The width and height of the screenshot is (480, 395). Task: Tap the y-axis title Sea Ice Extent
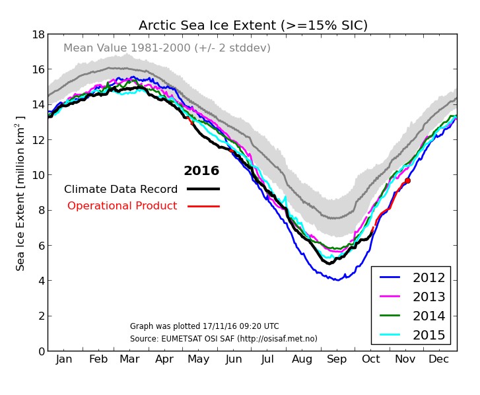point(21,193)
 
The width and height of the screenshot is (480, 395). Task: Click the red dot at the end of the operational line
point(407,180)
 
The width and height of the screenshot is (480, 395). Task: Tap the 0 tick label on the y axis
point(40,351)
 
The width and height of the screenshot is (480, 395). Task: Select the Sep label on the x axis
point(337,360)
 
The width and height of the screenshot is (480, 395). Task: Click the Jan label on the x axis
point(64,360)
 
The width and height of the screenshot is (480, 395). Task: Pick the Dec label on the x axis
point(439,360)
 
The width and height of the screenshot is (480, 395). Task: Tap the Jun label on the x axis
point(234,360)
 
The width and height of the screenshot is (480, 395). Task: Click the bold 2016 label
point(201,171)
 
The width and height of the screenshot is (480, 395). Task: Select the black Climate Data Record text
point(121,190)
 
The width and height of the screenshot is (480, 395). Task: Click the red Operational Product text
point(122,206)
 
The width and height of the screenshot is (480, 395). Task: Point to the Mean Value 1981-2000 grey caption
point(167,48)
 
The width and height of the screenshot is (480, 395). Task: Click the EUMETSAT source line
point(223,339)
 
